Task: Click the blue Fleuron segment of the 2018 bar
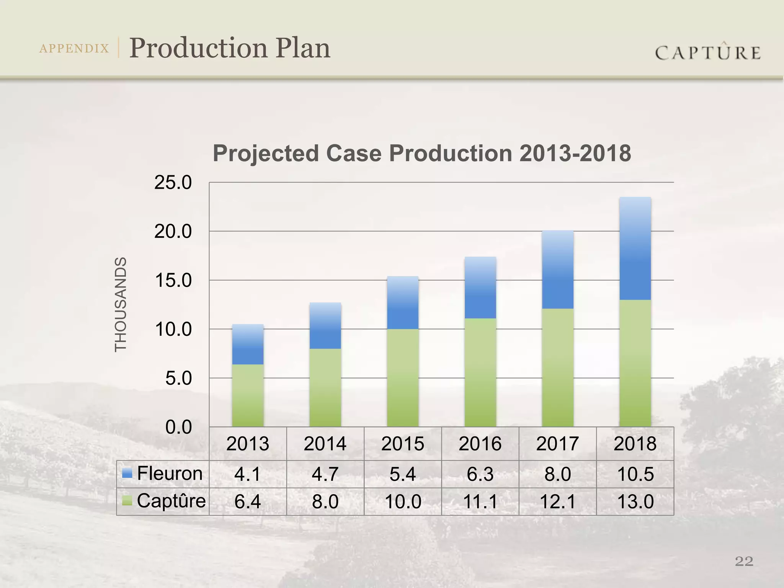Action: click(x=635, y=249)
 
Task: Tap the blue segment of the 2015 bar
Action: click(x=403, y=302)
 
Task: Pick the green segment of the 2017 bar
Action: click(x=558, y=367)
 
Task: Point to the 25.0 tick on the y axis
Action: click(x=173, y=183)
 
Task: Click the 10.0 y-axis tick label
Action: click(x=173, y=330)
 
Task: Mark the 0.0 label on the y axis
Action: click(x=178, y=427)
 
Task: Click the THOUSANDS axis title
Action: click(x=121, y=304)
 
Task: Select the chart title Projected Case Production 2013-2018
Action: click(x=421, y=153)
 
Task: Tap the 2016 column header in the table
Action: click(x=480, y=444)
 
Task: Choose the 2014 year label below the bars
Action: click(x=325, y=444)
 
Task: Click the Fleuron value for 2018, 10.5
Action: click(x=635, y=474)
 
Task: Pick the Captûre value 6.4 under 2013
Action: click(x=248, y=501)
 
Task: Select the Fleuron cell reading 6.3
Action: click(x=480, y=474)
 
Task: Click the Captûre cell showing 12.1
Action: click(x=558, y=501)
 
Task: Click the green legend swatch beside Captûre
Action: click(x=127, y=500)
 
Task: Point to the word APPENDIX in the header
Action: click(x=74, y=49)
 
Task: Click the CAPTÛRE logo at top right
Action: click(x=708, y=52)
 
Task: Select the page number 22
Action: click(x=744, y=561)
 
